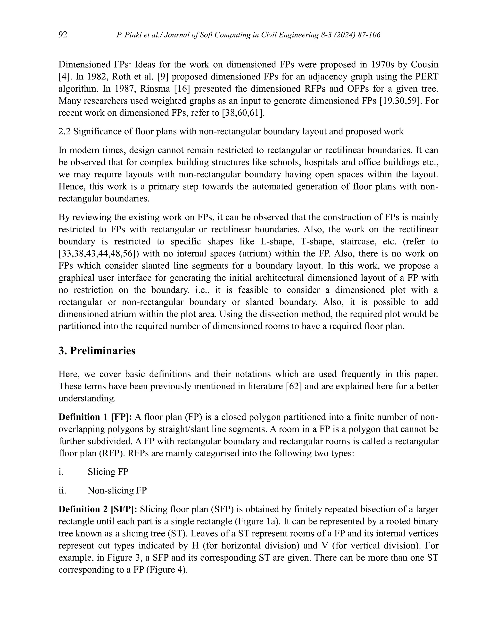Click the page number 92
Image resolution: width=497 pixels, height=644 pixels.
coord(63,35)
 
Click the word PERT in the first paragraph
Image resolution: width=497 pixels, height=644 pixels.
coord(428,77)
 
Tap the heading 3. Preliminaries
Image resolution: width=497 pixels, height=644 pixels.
coord(97,351)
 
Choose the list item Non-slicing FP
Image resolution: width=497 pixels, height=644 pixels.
coord(117,491)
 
